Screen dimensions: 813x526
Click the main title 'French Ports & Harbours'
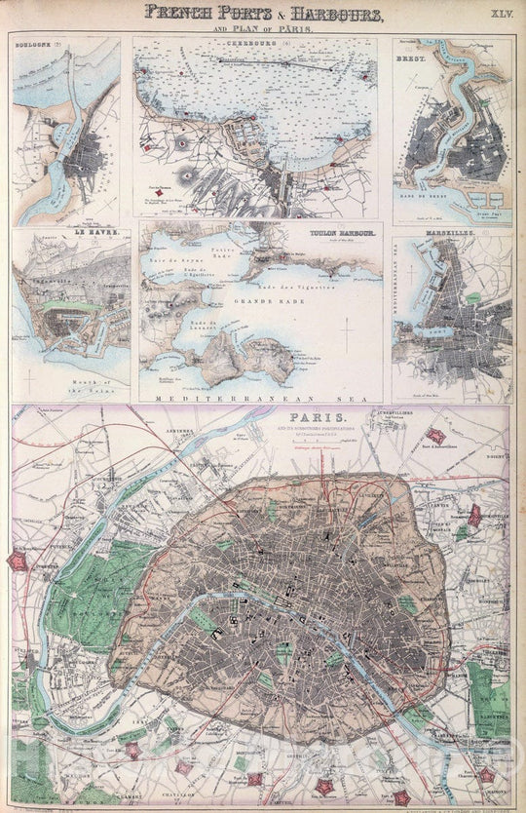263,14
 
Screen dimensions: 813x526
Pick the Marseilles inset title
481,235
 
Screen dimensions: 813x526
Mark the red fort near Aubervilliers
436,436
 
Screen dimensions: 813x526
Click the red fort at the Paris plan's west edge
18,561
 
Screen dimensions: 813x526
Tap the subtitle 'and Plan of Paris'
263,29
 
